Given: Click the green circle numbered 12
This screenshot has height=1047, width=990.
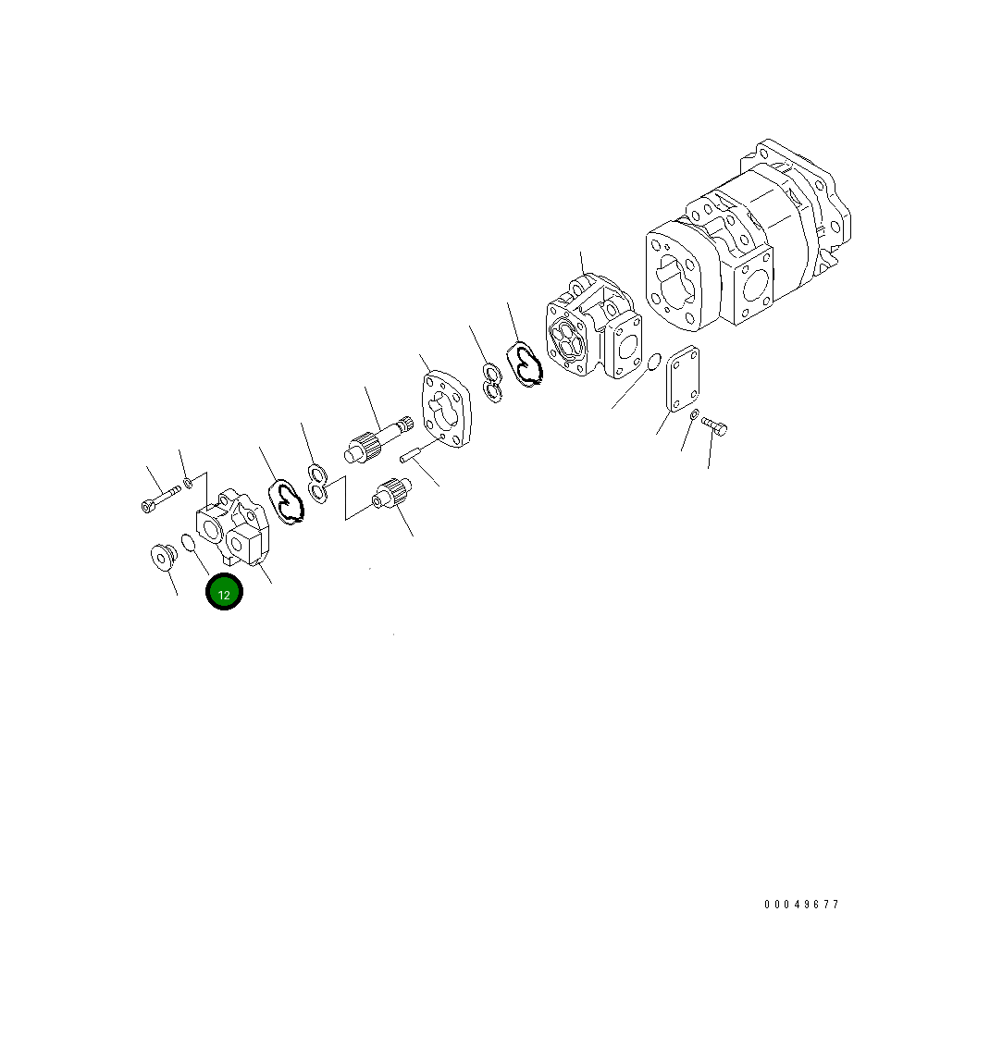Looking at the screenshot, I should point(224,593).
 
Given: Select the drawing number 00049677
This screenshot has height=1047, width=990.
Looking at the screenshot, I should point(801,905).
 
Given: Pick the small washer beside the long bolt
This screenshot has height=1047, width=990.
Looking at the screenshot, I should point(188,481).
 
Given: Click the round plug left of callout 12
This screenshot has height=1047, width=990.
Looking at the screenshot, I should point(164,558).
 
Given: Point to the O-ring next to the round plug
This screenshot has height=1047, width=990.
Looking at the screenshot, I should point(188,542).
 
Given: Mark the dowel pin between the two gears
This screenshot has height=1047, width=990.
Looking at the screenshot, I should point(412,454).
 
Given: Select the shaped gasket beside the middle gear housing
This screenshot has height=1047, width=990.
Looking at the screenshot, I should point(524,363).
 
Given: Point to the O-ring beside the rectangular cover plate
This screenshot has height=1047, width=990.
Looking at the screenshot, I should point(653,362).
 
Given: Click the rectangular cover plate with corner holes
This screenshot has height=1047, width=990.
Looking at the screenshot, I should point(682,381).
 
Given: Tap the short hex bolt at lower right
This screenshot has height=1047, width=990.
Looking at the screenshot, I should point(713,425).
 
